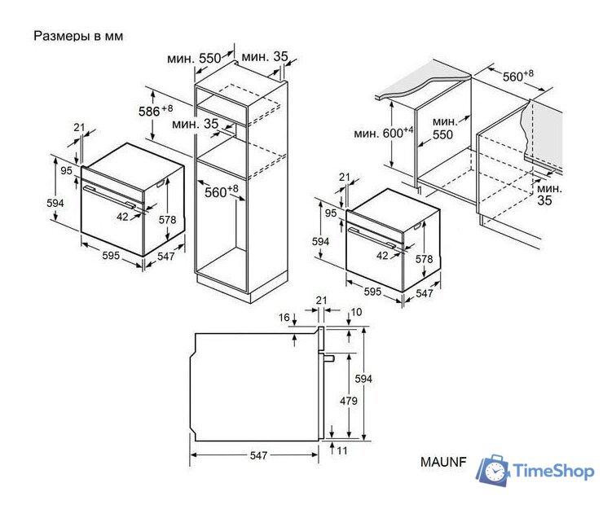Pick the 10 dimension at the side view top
tap(356, 313)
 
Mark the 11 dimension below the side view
tap(341, 450)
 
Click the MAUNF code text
tap(442, 462)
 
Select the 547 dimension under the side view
tap(257, 456)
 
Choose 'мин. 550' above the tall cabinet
tap(194, 59)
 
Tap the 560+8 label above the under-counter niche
tap(517, 76)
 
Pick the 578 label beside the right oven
tap(425, 258)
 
